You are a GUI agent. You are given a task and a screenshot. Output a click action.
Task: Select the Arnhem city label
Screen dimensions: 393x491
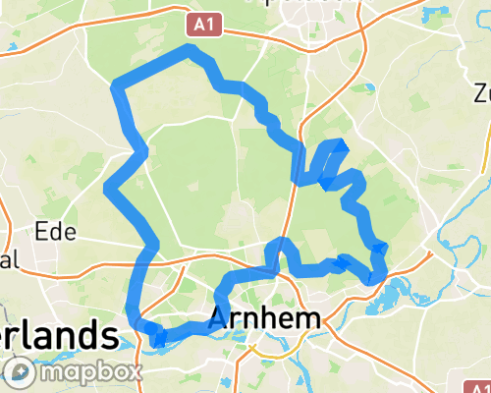tap(265, 318)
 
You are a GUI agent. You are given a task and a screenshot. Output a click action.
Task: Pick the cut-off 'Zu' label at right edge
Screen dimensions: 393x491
tap(482, 94)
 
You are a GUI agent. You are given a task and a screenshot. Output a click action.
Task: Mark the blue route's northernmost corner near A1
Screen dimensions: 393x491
tap(190, 48)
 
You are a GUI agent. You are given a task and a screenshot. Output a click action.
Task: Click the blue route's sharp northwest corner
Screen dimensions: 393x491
tap(117, 85)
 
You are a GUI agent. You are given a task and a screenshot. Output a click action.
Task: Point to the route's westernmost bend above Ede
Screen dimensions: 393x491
tap(108, 186)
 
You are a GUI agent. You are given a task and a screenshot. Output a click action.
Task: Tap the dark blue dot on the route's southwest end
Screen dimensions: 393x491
tap(158, 341)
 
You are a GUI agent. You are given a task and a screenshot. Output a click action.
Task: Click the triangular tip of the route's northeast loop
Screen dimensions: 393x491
tap(341, 144)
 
